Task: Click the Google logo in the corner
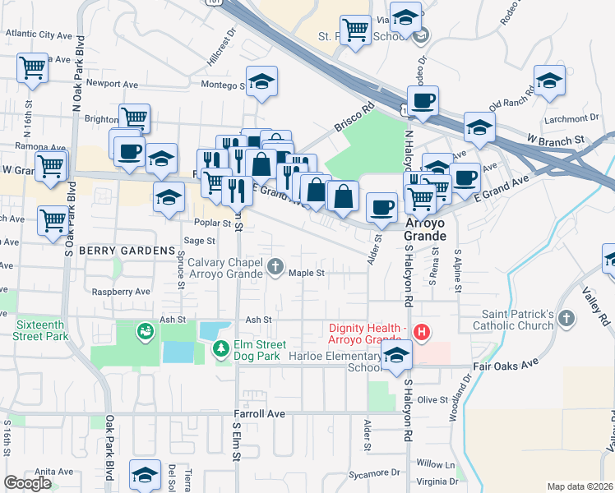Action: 28,483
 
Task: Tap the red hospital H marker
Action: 421,332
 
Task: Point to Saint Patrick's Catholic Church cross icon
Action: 566,318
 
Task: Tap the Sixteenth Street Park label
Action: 41,330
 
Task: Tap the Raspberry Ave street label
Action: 121,292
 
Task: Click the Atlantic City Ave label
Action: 39,35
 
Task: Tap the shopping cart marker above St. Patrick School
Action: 355,30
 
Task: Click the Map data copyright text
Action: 580,486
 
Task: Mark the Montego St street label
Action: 223,85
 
